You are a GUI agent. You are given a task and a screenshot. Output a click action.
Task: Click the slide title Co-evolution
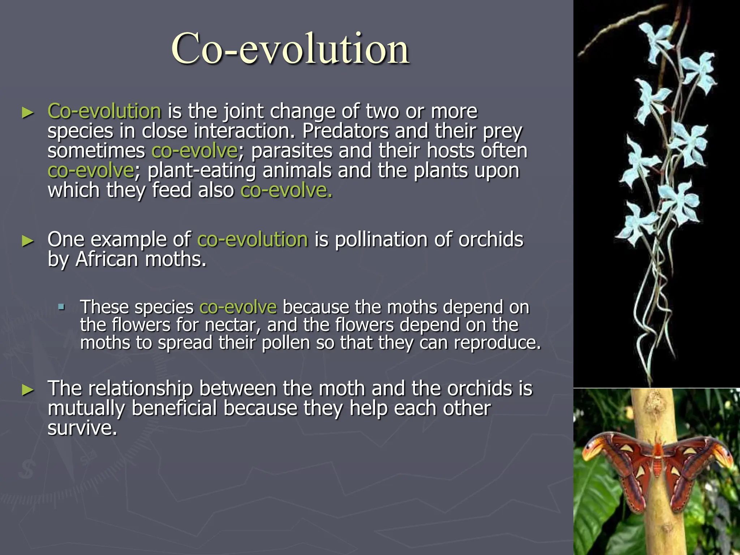point(290,49)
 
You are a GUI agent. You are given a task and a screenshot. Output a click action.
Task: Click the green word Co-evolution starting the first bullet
point(104,111)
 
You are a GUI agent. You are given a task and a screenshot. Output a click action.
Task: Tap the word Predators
point(345,131)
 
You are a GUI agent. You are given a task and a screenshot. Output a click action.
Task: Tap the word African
point(107,259)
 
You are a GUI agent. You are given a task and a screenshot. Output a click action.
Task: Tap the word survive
point(82,428)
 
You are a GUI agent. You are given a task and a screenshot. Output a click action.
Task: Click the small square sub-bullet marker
point(61,307)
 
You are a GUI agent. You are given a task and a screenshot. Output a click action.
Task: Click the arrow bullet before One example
point(27,241)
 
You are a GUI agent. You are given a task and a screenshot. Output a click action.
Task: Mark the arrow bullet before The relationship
point(27,390)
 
